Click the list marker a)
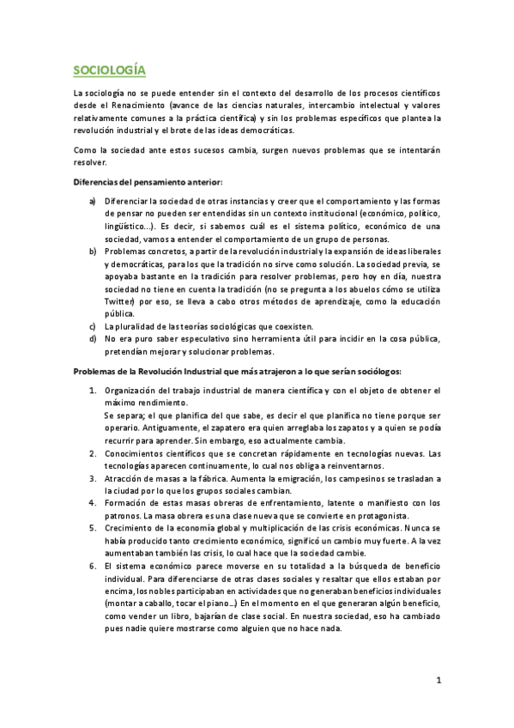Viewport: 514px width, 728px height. (x=93, y=201)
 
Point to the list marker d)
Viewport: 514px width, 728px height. (x=93, y=339)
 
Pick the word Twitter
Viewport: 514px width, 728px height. (x=120, y=303)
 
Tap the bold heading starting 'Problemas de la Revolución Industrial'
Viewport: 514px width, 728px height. (x=244, y=372)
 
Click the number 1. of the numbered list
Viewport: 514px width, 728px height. (x=94, y=391)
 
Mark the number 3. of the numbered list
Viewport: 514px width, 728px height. (x=94, y=478)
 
